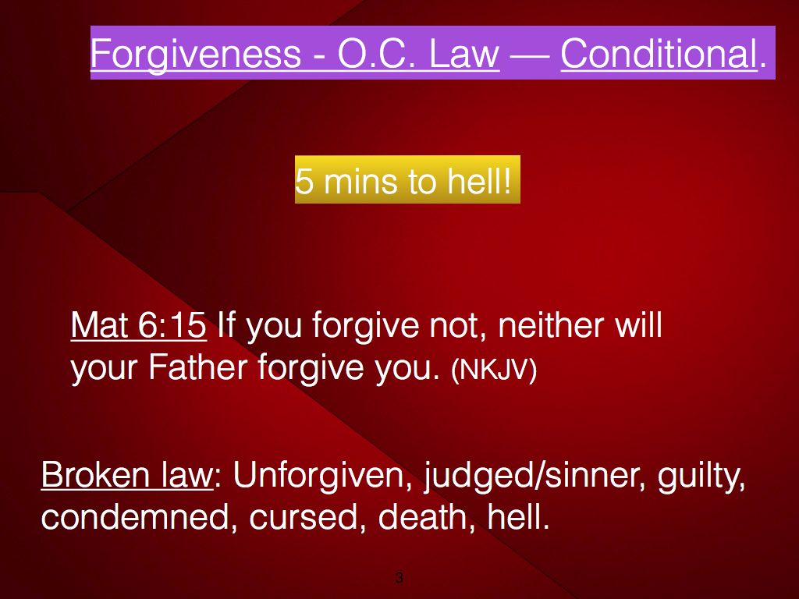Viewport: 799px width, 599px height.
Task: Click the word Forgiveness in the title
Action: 196,55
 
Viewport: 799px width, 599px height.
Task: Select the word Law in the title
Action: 463,54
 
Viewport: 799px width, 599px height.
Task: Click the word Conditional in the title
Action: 659,54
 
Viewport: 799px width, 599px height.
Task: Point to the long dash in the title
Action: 530,55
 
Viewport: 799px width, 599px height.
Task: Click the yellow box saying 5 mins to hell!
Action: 407,179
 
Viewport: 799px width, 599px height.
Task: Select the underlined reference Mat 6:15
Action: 139,325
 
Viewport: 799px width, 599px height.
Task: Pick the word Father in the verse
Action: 197,367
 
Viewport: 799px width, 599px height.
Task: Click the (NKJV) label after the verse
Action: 494,370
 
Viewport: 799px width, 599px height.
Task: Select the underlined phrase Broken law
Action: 126,475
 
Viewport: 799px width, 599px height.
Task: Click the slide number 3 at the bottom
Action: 399,578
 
